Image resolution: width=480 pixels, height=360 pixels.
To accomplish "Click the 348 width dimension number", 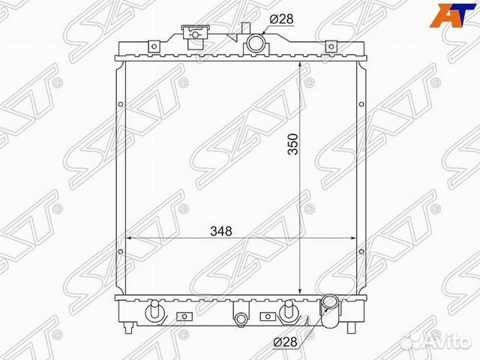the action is click(x=221, y=231).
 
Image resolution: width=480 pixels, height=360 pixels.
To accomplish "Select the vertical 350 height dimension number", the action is click(x=293, y=144).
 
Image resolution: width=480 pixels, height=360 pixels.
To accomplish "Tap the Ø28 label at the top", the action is click(x=281, y=19).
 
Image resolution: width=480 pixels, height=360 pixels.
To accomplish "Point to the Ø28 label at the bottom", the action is click(x=285, y=342).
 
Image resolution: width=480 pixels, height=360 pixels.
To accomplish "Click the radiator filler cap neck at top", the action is click(x=195, y=34).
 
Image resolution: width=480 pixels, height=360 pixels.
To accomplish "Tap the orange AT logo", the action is click(x=454, y=15).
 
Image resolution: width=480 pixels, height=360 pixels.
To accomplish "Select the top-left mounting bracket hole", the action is click(x=154, y=46).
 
